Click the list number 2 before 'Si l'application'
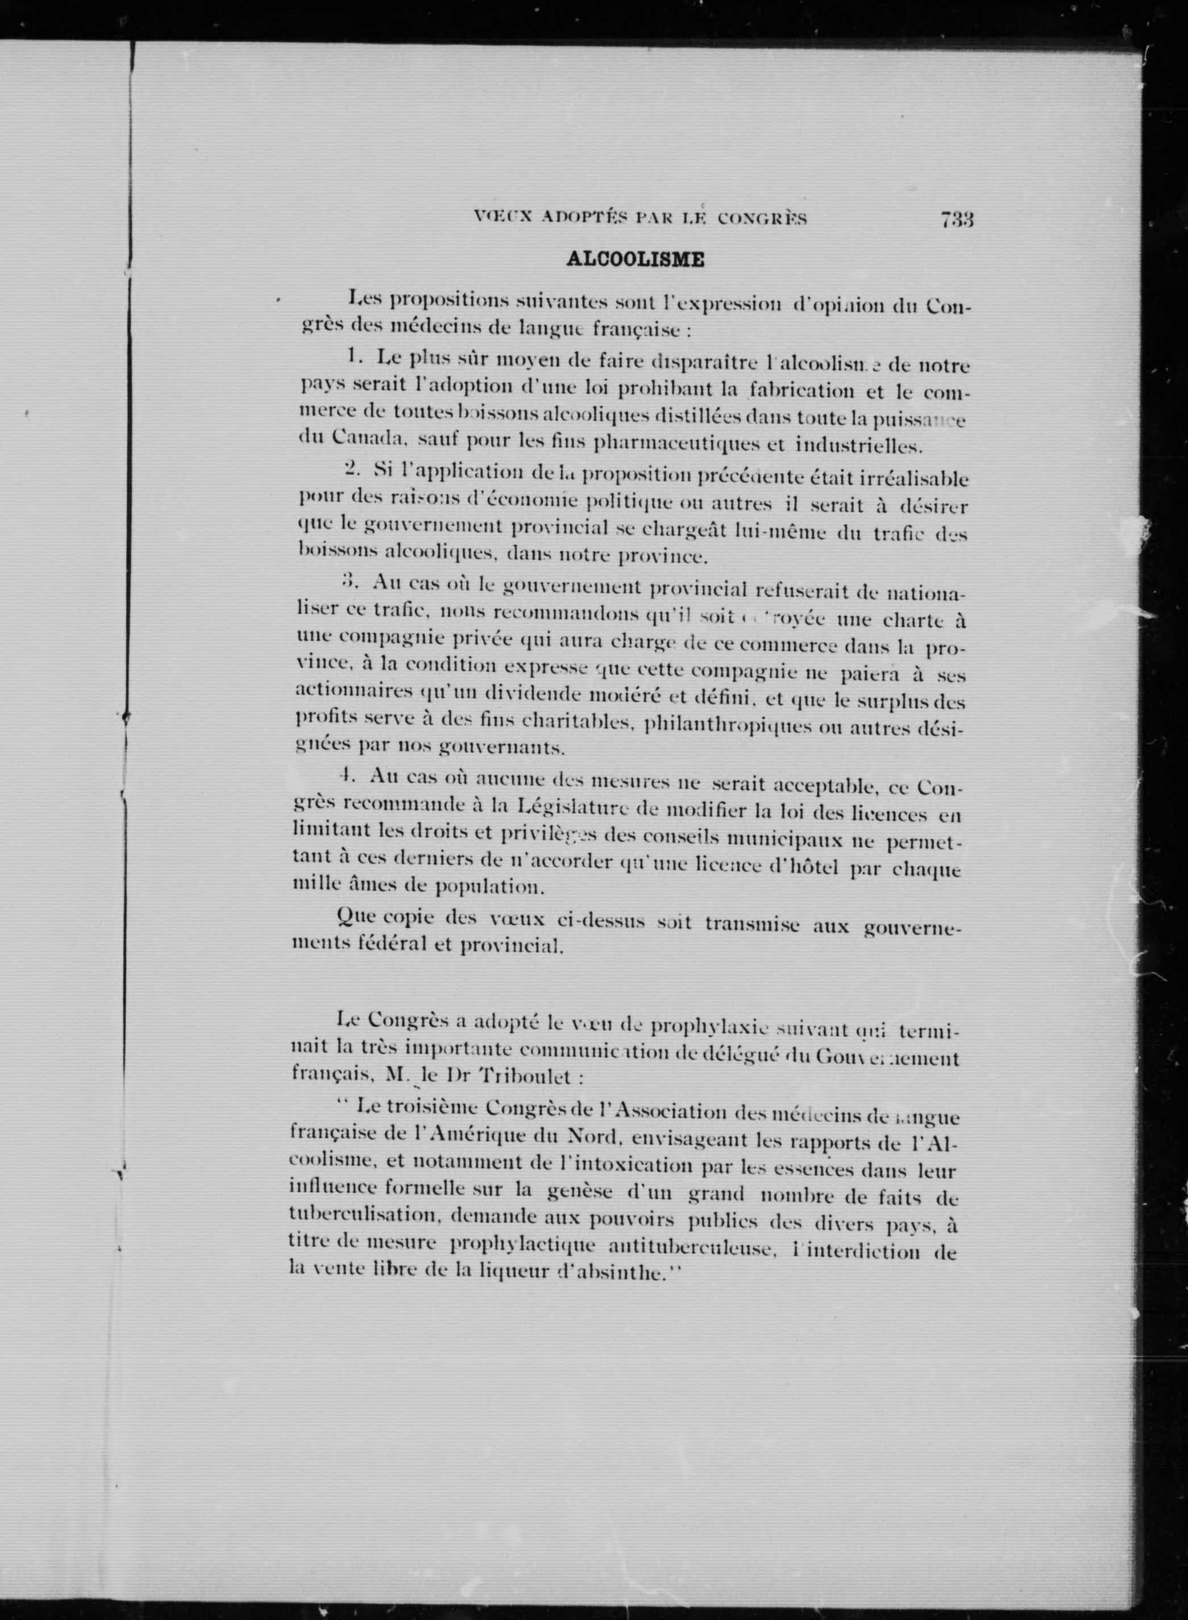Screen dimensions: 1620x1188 coord(352,468)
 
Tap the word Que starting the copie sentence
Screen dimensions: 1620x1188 coord(357,917)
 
